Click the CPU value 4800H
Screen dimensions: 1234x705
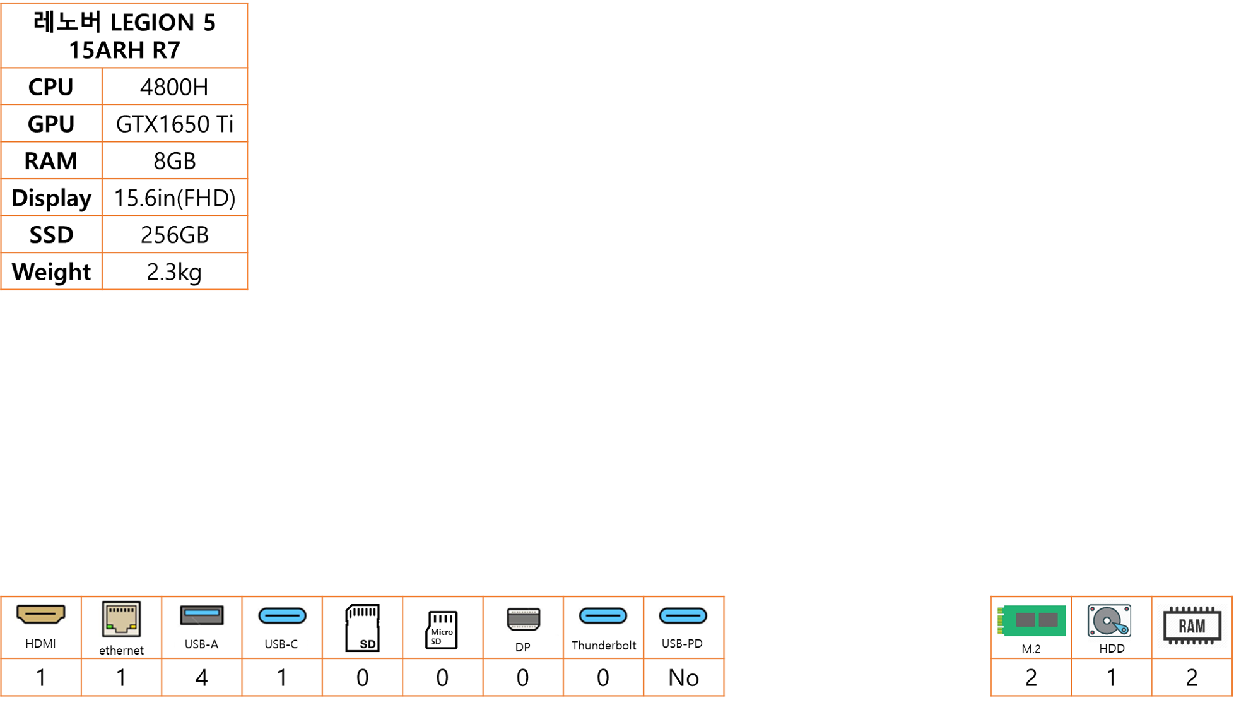click(174, 87)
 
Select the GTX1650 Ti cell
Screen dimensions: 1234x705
click(174, 124)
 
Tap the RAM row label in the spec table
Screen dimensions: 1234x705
click(51, 161)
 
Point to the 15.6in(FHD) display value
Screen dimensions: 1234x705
click(174, 198)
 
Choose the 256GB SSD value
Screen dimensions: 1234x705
click(174, 235)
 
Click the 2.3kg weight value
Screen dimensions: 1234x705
click(174, 272)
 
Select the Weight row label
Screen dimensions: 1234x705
click(51, 272)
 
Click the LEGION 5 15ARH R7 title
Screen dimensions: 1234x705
click(124, 36)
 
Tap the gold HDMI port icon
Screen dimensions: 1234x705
click(40, 614)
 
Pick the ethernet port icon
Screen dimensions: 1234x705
click(121, 619)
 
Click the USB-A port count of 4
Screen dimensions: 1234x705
click(201, 678)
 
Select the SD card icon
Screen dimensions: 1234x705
click(362, 627)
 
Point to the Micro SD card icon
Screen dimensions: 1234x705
click(442, 629)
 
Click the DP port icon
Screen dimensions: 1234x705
click(523, 619)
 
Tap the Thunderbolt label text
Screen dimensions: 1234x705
click(604, 645)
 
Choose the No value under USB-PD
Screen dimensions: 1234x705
click(683, 678)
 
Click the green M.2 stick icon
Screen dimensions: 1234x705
click(1031, 620)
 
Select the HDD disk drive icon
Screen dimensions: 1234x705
click(1110, 620)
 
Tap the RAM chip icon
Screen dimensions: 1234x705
click(1192, 625)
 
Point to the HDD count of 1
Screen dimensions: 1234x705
click(1112, 678)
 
